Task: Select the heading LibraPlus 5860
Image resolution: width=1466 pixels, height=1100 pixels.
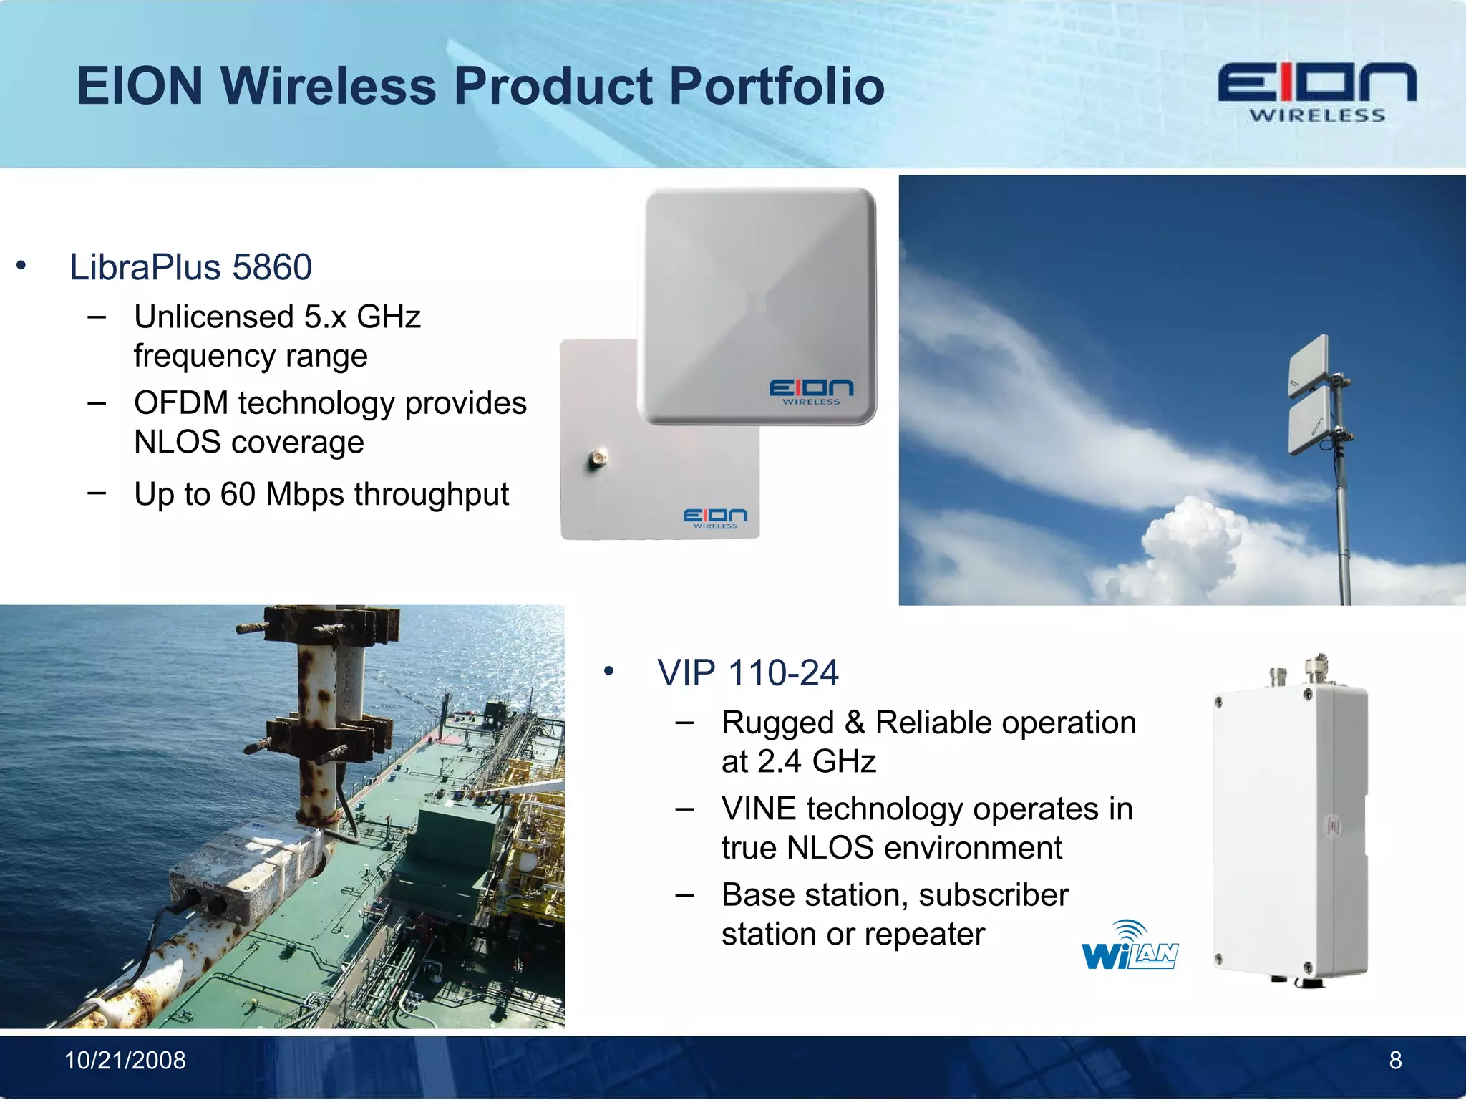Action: coord(190,267)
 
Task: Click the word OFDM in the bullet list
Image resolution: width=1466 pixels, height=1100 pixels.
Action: coord(181,402)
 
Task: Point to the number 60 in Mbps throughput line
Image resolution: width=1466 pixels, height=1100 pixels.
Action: coord(237,494)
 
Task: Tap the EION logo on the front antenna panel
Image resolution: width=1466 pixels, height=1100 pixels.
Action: coord(811,391)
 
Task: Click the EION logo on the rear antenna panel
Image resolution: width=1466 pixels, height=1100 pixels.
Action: coord(714,518)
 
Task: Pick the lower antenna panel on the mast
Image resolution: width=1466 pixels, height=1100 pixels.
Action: coord(1309,422)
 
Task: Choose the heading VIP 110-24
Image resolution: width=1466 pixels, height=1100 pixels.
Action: coord(747,673)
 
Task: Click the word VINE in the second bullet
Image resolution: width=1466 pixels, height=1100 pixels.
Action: coord(759,809)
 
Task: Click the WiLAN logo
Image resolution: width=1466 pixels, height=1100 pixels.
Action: coord(1129,947)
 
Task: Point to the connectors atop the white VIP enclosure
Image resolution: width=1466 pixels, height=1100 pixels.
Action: coord(1299,670)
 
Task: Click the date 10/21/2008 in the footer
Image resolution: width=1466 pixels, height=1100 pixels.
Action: coord(125,1061)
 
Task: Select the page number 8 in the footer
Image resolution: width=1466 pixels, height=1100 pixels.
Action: coord(1395,1061)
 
